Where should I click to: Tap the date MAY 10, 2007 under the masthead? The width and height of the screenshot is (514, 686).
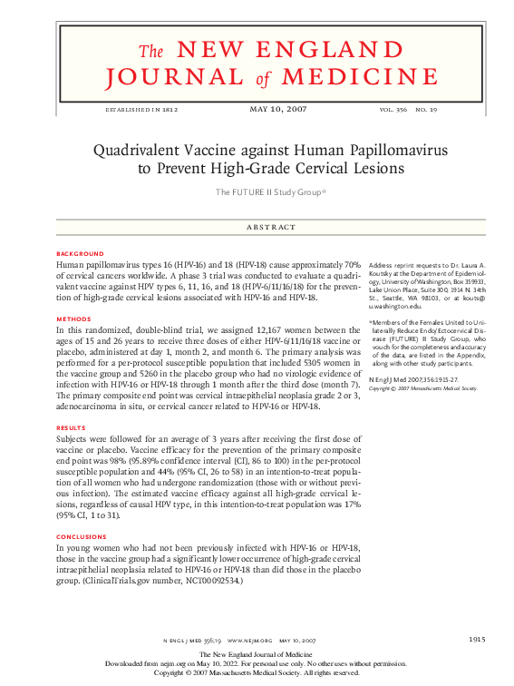[277, 109]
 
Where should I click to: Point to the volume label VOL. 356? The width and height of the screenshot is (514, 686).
[393, 110]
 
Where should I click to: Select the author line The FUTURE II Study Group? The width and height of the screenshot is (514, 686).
[270, 191]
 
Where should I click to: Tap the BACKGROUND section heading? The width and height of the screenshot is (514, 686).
[80, 253]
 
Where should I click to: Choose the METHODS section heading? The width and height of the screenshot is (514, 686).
[73, 318]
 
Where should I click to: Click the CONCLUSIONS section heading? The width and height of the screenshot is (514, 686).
[82, 537]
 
